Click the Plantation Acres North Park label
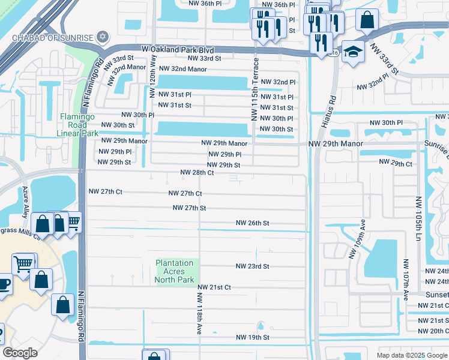[175, 271]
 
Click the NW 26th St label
[252, 223]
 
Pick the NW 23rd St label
[252, 266]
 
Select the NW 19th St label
[252, 337]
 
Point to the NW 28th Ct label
[197, 173]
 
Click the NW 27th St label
[189, 208]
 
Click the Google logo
[20, 353]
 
